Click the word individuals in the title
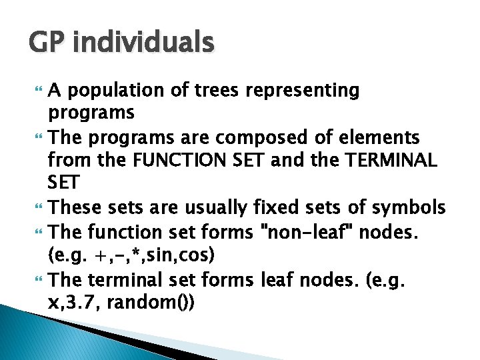point(144,43)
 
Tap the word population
point(109,91)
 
